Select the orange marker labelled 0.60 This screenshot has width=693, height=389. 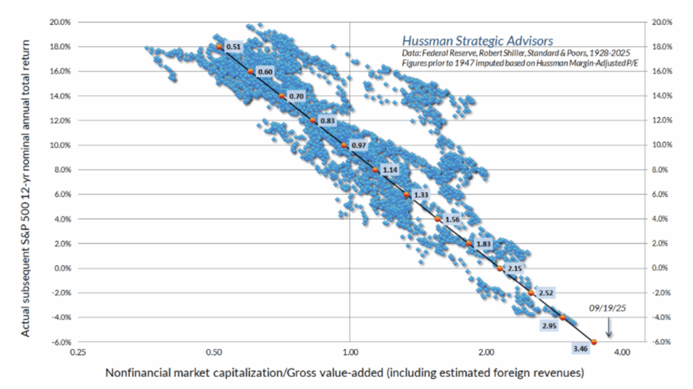click(x=250, y=71)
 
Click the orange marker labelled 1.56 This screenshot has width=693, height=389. click(x=438, y=219)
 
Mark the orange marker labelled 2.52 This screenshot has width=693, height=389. click(x=531, y=293)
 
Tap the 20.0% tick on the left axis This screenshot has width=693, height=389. click(x=60, y=22)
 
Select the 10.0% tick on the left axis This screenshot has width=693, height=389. click(x=60, y=145)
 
